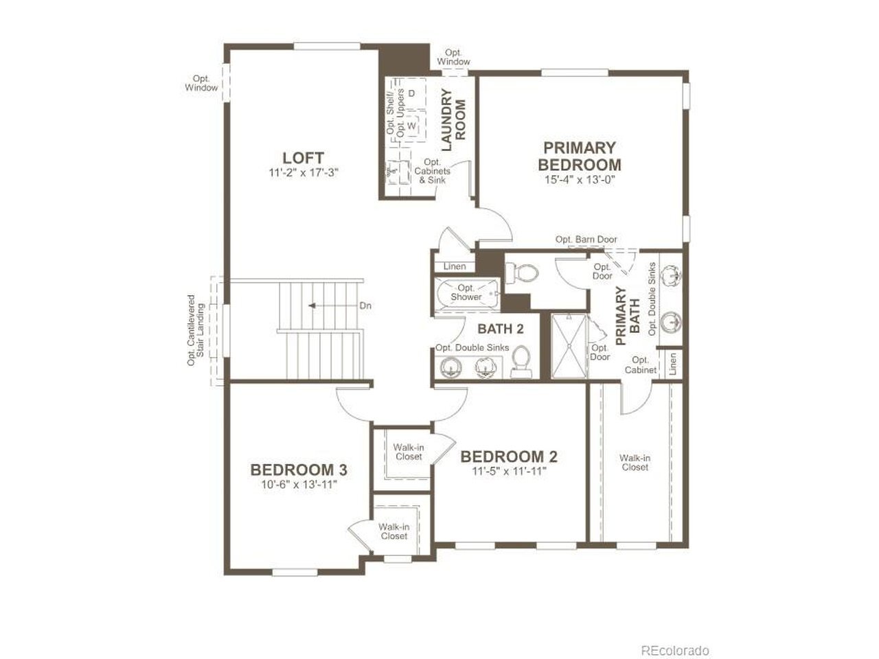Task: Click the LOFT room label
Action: [x=303, y=158]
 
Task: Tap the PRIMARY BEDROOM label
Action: [x=579, y=157]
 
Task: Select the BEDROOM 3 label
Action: [x=298, y=470]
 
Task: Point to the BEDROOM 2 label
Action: [x=509, y=456]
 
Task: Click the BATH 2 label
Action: [x=501, y=329]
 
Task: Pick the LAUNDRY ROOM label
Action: [x=453, y=119]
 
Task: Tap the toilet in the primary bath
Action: [x=521, y=273]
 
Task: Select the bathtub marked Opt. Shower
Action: [x=466, y=294]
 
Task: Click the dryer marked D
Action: [x=411, y=93]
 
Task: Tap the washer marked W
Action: [x=411, y=126]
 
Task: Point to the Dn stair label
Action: [x=365, y=306]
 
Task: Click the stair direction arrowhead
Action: [x=312, y=306]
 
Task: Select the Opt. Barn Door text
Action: [x=586, y=240]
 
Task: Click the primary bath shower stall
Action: [x=569, y=346]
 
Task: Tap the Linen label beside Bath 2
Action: [x=455, y=266]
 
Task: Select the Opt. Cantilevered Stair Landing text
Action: [x=196, y=330]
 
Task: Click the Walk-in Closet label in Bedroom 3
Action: [x=394, y=531]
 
